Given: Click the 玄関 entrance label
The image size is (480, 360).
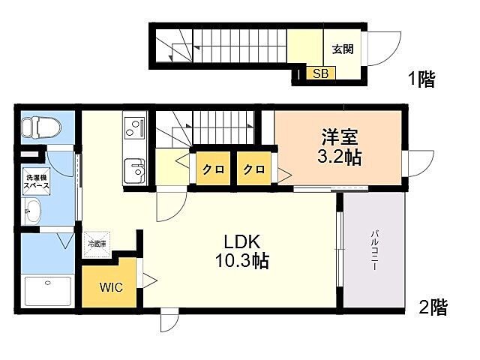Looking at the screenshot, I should tap(343, 49).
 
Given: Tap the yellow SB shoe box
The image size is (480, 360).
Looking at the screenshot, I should tap(320, 73).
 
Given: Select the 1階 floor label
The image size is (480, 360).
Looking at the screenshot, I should tap(421, 79).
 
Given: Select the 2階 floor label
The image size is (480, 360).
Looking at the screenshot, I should tap(432, 307).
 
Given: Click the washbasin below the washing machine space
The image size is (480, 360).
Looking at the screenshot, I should tap(34, 211).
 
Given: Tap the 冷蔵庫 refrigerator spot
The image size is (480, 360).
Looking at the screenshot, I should tap(98, 243).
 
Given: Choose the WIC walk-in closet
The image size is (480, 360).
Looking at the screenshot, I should tap(109, 286).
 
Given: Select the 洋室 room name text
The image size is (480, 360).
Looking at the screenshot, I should tap(340, 138).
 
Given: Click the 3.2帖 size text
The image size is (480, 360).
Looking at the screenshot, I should tap(340, 159).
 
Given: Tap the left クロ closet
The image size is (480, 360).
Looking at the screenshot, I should tap(212, 169).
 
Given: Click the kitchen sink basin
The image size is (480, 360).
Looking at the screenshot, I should tap(135, 169).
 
